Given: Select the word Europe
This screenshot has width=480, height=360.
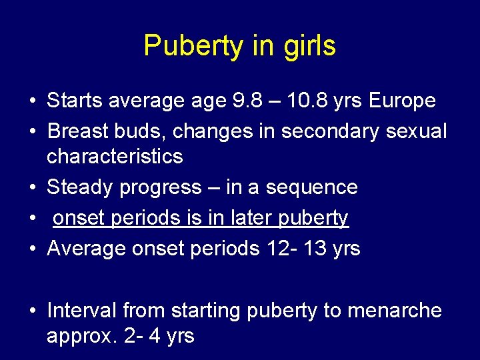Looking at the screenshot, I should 402,101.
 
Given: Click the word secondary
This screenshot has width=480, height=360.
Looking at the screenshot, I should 329,131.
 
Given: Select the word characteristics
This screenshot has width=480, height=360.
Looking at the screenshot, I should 114,157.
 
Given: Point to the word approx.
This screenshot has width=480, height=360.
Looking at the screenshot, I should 83,336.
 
